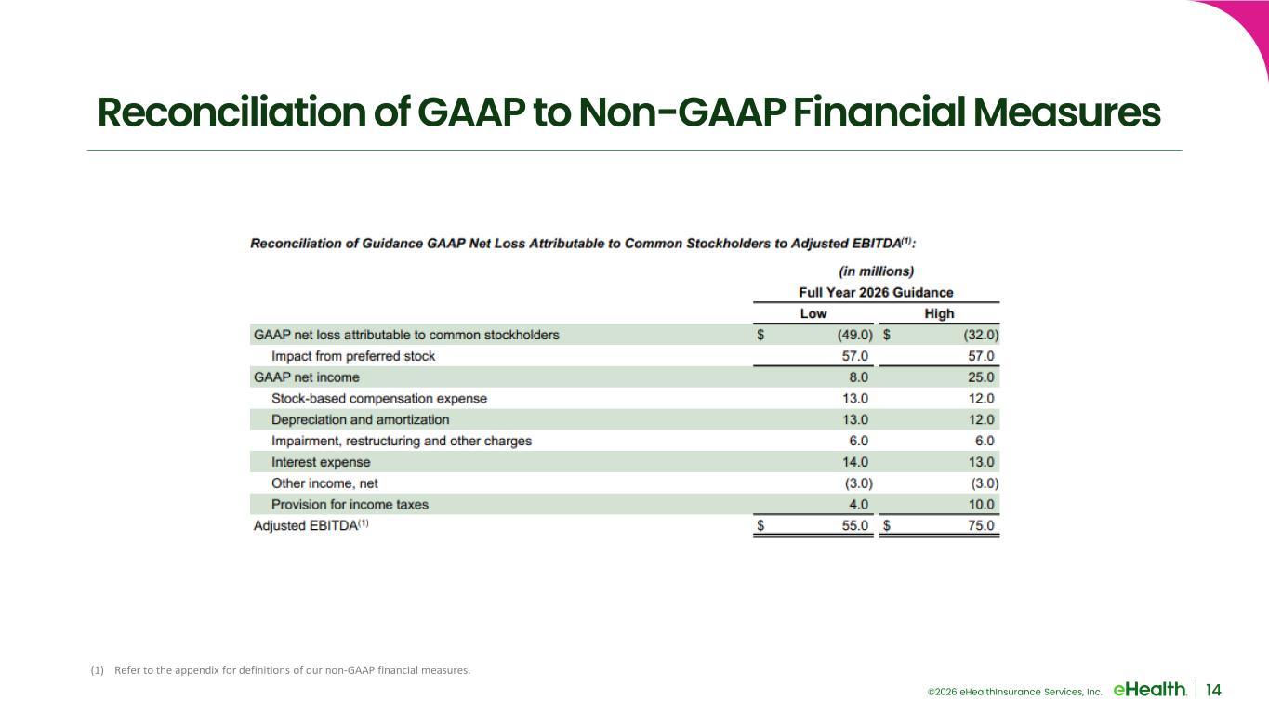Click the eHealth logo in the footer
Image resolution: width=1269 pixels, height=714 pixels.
pyautogui.click(x=1149, y=690)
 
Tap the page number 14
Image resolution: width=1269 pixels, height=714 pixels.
pyautogui.click(x=1213, y=690)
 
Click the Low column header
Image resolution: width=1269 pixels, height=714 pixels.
pyautogui.click(x=813, y=313)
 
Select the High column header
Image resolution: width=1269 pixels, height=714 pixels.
pyautogui.click(x=939, y=313)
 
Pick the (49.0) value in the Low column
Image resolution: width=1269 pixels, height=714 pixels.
pyautogui.click(x=855, y=335)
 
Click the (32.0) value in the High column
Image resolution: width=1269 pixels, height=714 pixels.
pyautogui.click(x=981, y=335)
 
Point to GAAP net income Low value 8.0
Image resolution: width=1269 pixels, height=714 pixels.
pyautogui.click(x=858, y=377)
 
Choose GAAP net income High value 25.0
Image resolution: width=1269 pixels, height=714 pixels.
pyautogui.click(x=981, y=377)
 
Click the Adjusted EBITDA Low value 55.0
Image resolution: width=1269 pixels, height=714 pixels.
pyautogui.click(x=855, y=526)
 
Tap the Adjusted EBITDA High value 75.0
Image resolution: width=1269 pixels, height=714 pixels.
pyautogui.click(x=981, y=526)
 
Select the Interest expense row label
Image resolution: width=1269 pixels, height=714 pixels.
pyautogui.click(x=321, y=462)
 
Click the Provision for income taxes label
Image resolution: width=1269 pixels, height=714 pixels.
pyautogui.click(x=350, y=504)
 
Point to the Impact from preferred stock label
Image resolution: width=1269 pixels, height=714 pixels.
pyautogui.click(x=353, y=356)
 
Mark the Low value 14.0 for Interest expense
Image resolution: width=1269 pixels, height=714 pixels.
pyautogui.click(x=855, y=462)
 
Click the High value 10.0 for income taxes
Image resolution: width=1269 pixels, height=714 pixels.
pyautogui.click(x=981, y=504)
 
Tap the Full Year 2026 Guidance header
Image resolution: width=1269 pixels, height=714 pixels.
pyautogui.click(x=876, y=293)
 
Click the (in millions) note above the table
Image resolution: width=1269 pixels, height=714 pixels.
pyautogui.click(x=877, y=271)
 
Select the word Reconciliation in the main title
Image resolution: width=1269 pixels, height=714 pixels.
pyautogui.click(x=231, y=112)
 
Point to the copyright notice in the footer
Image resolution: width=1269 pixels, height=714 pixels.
pyautogui.click(x=1014, y=692)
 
